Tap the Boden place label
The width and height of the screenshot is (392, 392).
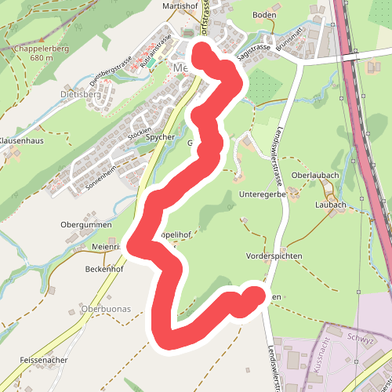[x=266, y=15]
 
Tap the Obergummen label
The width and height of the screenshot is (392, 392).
[x=82, y=224]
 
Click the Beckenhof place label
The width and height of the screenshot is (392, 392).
[x=101, y=268]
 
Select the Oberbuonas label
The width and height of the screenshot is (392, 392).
[x=106, y=309]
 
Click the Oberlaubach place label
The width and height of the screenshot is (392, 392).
[x=314, y=175]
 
